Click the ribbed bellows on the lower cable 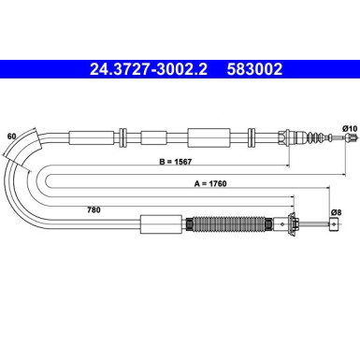(228, 223)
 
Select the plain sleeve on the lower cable (162, 223)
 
